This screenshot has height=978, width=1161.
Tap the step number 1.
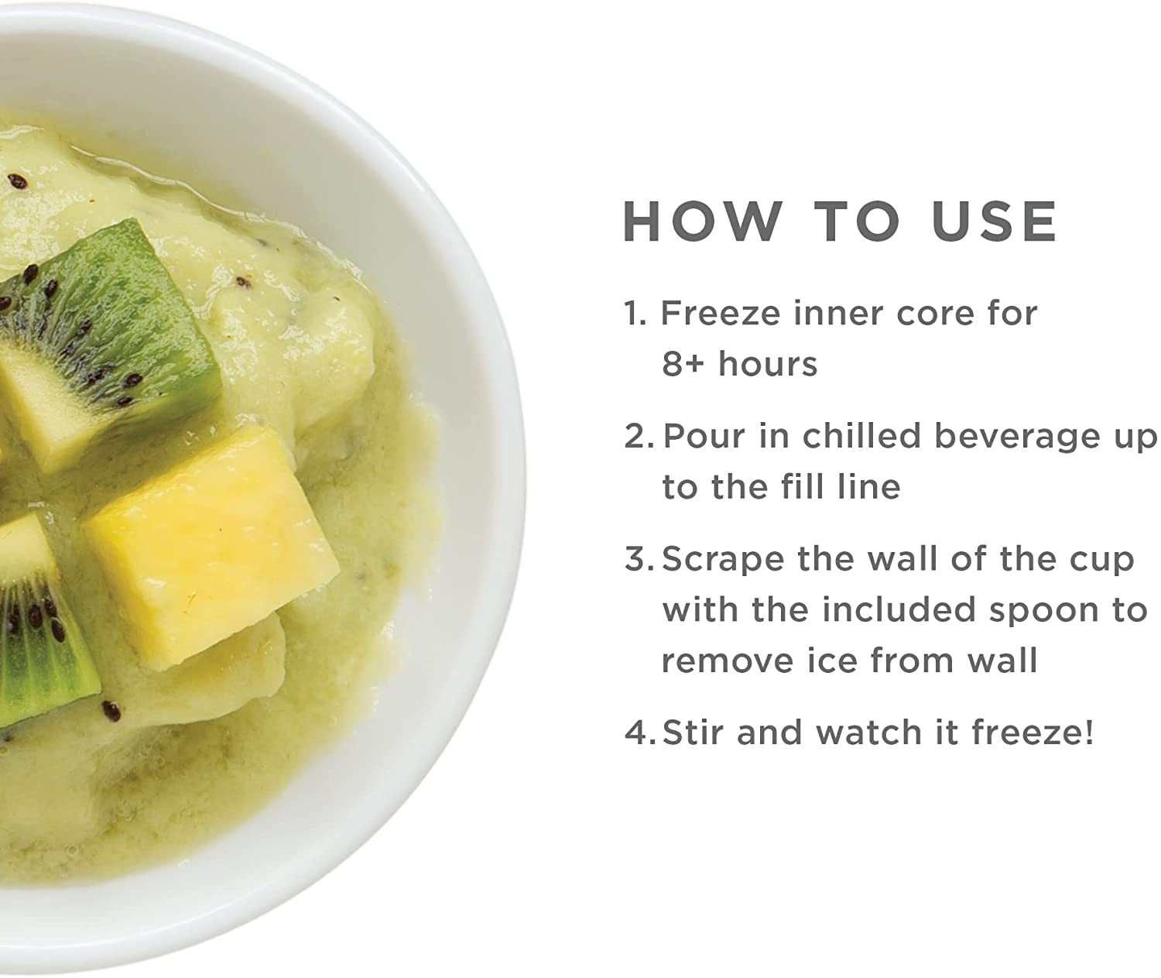pos(635,313)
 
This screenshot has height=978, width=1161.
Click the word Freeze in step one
pos(721,313)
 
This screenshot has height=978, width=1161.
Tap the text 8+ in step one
pos(683,364)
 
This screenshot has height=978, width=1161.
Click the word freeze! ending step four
pos(1032,732)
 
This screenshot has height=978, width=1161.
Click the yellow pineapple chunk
pos(211,548)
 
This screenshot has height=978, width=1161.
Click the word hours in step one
pos(767,364)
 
